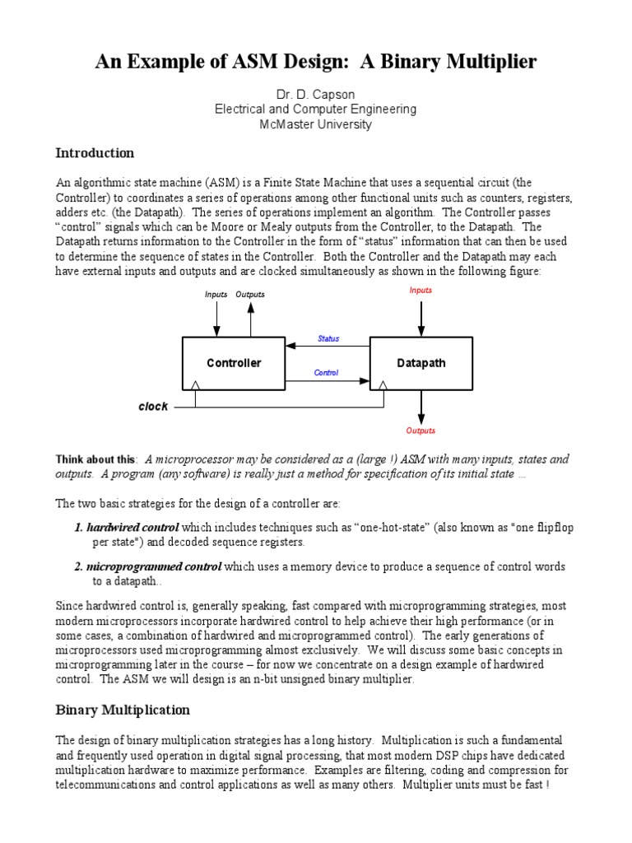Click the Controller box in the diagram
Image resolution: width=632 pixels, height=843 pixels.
pyautogui.click(x=234, y=363)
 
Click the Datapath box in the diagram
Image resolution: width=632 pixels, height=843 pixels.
pyautogui.click(x=421, y=363)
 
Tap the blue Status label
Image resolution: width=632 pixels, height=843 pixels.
pyautogui.click(x=328, y=338)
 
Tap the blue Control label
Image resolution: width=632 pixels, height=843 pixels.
pyautogui.click(x=327, y=373)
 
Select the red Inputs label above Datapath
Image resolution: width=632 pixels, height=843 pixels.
pyautogui.click(x=421, y=291)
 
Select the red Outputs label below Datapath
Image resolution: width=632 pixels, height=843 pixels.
pyautogui.click(x=421, y=431)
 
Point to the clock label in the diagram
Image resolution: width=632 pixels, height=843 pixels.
pyautogui.click(x=153, y=407)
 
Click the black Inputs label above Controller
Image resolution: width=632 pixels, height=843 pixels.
pyautogui.click(x=216, y=295)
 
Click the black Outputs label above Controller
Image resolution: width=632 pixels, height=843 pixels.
pyautogui.click(x=250, y=295)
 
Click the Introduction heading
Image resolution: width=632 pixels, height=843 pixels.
pyautogui.click(x=94, y=153)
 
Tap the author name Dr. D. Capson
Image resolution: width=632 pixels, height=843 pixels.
pyautogui.click(x=316, y=95)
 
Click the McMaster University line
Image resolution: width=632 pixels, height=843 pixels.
pyautogui.click(x=316, y=124)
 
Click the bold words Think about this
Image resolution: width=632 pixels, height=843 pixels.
pyautogui.click(x=95, y=459)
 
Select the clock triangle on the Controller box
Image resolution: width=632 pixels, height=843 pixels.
pyautogui.click(x=195, y=385)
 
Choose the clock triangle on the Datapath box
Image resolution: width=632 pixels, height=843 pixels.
pyautogui.click(x=383, y=385)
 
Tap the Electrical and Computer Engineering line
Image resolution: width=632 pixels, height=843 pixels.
pyautogui.click(x=316, y=109)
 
